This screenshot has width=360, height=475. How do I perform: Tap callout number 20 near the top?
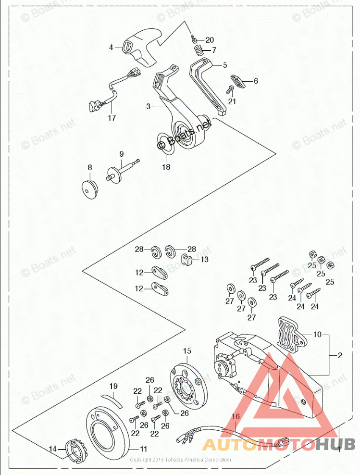coord(210,39)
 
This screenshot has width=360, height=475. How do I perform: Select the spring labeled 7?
coord(198,50)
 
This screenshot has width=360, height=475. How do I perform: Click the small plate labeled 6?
coord(238,81)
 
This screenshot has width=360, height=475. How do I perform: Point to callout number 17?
coord(112,117)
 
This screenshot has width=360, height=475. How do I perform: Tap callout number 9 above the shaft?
coord(121,154)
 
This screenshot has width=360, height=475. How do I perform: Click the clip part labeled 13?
coord(187,262)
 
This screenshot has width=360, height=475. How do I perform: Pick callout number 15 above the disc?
coord(187,350)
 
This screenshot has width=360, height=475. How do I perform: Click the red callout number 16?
coord(235,417)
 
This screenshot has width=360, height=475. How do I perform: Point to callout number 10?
coord(317,334)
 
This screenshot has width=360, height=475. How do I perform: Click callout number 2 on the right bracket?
coord(340,356)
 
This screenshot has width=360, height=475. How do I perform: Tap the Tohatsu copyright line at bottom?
coord(180,460)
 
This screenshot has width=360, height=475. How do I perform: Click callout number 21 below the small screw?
coord(232,101)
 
